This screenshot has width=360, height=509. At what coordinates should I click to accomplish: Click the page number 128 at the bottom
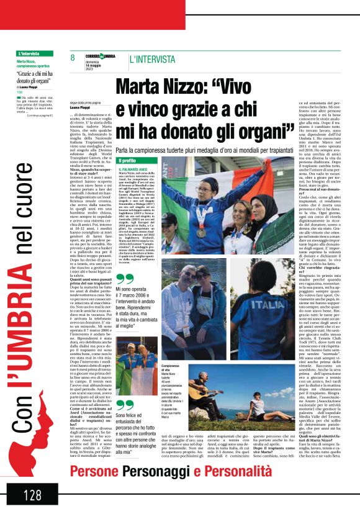[32, 495]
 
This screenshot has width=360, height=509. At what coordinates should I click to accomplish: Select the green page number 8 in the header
[73, 58]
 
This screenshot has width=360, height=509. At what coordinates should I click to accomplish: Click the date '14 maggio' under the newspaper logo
[95, 65]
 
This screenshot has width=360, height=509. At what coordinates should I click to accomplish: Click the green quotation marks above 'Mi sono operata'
[125, 279]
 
